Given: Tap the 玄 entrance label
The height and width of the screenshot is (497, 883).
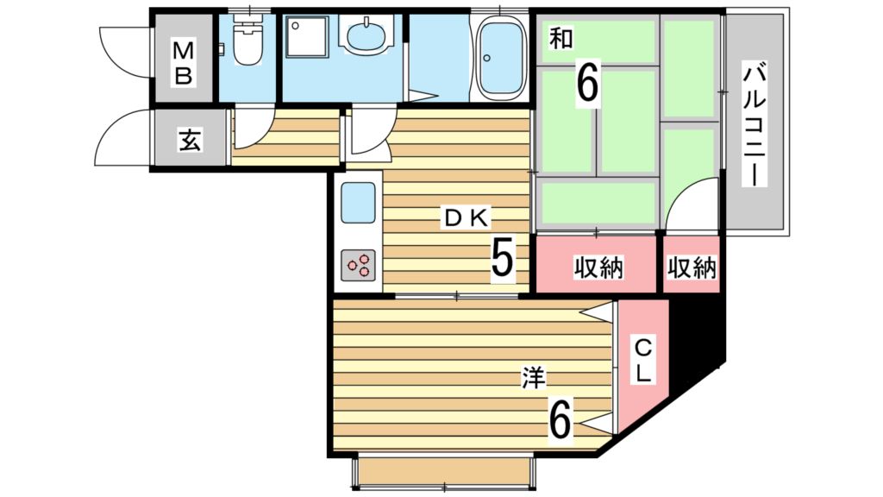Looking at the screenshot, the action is pyautogui.click(x=190, y=140).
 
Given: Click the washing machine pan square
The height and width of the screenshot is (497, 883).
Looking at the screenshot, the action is pyautogui.click(x=307, y=36).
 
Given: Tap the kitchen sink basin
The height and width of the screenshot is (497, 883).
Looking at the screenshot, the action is pyautogui.click(x=358, y=202).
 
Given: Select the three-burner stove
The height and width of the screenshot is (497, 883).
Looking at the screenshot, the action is pyautogui.click(x=359, y=265).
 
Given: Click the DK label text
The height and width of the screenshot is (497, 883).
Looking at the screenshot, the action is pyautogui.click(x=467, y=218).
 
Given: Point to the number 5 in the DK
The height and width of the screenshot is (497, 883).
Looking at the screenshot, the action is pyautogui.click(x=503, y=257).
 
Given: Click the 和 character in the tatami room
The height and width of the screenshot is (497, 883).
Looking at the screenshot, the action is pyautogui.click(x=560, y=38).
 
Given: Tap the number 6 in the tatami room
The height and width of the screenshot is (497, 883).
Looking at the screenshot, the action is pyautogui.click(x=586, y=84).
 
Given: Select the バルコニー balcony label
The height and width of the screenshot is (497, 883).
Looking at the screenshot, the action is pyautogui.click(x=755, y=126).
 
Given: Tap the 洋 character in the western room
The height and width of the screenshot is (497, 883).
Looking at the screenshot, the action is pyautogui.click(x=533, y=378).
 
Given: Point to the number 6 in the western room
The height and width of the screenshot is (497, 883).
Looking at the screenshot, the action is pyautogui.click(x=560, y=418).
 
